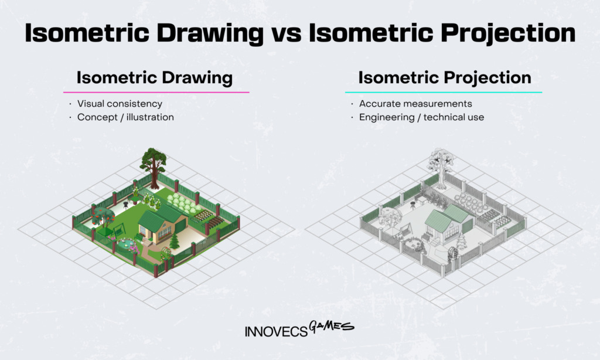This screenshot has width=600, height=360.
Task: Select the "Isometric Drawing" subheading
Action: [x=155, y=78]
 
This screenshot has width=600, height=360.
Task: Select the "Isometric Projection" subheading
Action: [x=445, y=78]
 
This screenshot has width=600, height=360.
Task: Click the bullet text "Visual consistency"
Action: [x=120, y=104]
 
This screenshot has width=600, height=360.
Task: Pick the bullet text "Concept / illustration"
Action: [x=125, y=117]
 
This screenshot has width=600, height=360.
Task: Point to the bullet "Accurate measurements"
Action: [x=415, y=104]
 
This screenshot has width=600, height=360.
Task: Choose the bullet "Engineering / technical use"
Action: [x=422, y=117]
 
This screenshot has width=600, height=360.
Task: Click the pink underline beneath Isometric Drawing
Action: [x=156, y=92]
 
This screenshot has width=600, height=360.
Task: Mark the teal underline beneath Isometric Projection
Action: [x=444, y=92]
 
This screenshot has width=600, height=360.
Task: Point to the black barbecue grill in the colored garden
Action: [x=125, y=202]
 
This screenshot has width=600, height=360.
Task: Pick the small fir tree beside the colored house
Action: [x=174, y=240]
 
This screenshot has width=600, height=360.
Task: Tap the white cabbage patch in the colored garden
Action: [x=184, y=202]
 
